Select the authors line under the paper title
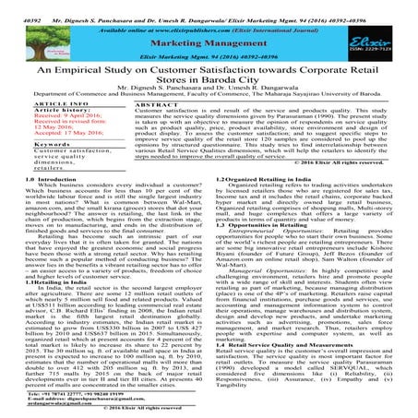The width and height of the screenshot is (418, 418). point(209,99)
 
